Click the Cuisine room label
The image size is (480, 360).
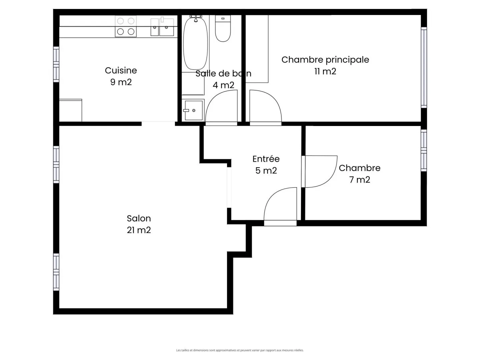tap(121, 70)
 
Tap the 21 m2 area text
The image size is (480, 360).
tap(139, 230)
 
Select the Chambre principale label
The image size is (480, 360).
tap(325, 60)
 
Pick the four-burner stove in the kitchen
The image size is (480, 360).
tap(126, 26)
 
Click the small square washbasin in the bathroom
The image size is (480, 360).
tap(193, 110)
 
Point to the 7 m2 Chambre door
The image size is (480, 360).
tap(320, 172)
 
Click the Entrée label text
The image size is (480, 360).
tap(266, 159)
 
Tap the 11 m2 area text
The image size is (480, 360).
tap(325, 71)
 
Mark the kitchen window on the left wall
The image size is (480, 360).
tap(56, 64)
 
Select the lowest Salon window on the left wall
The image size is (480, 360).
tap(56, 272)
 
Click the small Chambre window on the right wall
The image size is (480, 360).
tap(424, 150)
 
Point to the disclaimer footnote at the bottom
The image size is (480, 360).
tap(240, 350)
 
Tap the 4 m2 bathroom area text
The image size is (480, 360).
tap(223, 85)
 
